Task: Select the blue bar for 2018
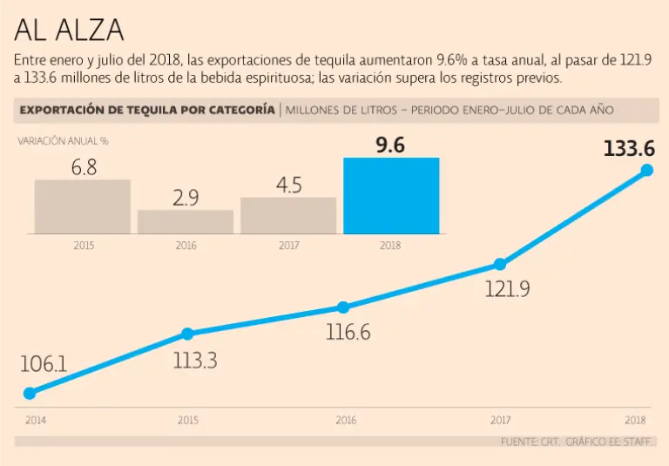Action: coord(391,196)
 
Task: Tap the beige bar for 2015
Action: coord(83,206)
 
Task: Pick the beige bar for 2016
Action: coord(186,221)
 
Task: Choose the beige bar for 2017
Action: coord(288,215)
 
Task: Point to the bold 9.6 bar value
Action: coord(390,145)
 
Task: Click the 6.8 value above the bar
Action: coord(84,168)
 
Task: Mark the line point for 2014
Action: coord(30,394)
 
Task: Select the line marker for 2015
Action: coord(187,334)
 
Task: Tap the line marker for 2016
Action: coord(343,307)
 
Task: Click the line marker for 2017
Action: coord(500,264)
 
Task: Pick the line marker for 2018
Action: coord(647,170)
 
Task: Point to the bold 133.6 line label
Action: coord(629,149)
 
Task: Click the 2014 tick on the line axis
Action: coord(36,420)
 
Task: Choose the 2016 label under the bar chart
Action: coord(186,246)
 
